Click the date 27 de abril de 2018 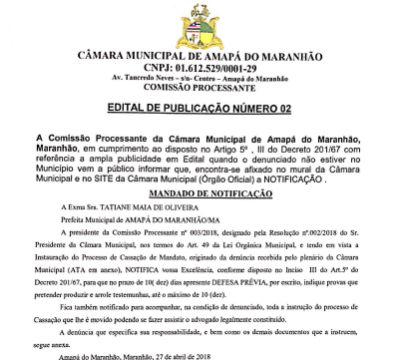click(165, 353)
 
